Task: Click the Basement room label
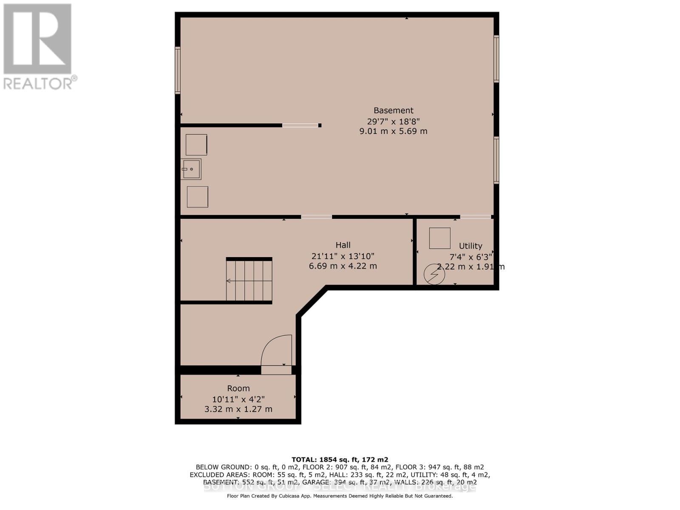click(x=393, y=110)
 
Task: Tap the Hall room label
click(x=343, y=245)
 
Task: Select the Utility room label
click(x=470, y=246)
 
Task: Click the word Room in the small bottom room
click(x=238, y=388)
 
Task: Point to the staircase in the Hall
click(x=249, y=280)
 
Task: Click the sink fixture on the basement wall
click(x=191, y=169)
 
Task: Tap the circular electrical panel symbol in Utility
click(x=434, y=274)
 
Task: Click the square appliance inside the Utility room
click(x=439, y=238)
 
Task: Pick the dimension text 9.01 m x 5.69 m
click(x=393, y=131)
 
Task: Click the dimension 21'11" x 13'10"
click(x=343, y=256)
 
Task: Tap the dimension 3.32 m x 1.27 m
click(x=238, y=409)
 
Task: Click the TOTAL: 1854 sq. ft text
click(x=340, y=459)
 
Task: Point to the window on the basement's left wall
click(x=178, y=70)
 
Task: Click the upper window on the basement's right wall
click(x=496, y=59)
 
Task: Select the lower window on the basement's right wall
click(x=496, y=160)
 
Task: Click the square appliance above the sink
click(x=196, y=145)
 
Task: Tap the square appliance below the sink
click(x=198, y=197)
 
